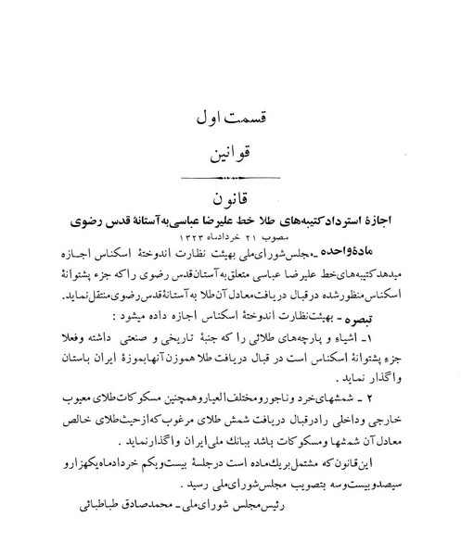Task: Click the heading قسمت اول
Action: click(x=232, y=120)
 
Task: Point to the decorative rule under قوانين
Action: click(x=232, y=176)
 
